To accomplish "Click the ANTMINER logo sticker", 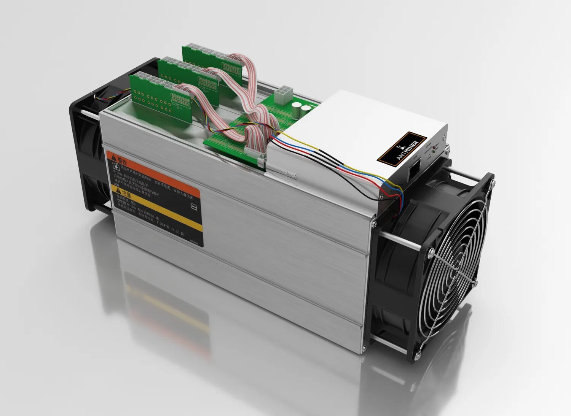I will click(x=402, y=148).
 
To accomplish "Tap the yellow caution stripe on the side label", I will click(x=160, y=205).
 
